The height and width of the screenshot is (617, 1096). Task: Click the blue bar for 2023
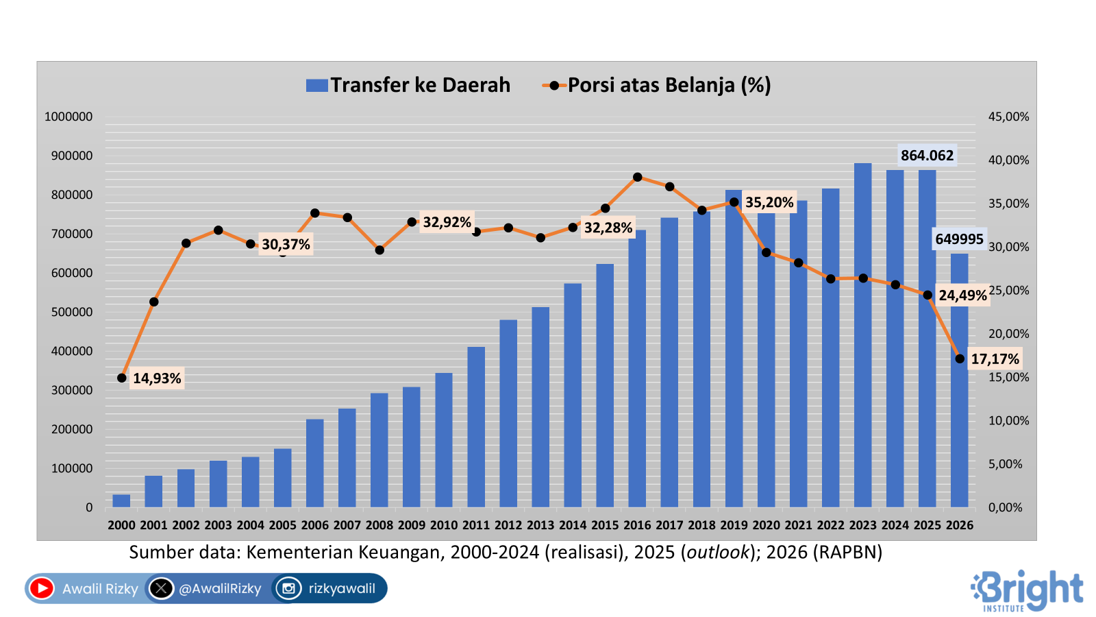[x=862, y=336]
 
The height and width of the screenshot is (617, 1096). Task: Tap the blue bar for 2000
[x=121, y=501]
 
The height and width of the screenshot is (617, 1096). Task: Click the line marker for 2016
[x=638, y=177]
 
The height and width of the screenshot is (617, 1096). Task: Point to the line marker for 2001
[x=153, y=302]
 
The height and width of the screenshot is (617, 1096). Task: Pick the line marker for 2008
[x=379, y=250]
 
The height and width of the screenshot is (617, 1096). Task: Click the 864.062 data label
[x=927, y=156]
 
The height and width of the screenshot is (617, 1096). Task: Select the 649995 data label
[x=959, y=239]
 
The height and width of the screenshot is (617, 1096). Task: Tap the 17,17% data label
[x=995, y=359]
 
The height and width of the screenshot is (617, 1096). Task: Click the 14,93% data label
[x=157, y=378]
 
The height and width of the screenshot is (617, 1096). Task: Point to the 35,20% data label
[x=769, y=202]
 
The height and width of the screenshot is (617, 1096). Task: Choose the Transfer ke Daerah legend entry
[x=408, y=85]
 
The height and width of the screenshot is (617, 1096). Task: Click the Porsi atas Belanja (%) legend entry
[x=657, y=85]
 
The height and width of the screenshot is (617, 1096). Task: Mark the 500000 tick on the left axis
[x=68, y=312]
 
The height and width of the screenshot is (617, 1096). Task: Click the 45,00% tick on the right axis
[x=1008, y=117]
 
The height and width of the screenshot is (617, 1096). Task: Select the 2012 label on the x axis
[x=508, y=525]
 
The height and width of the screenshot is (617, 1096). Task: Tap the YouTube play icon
[x=42, y=588]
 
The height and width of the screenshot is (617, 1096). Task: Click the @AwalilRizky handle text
[x=220, y=589]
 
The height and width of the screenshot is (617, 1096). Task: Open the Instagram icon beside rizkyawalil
[x=288, y=588]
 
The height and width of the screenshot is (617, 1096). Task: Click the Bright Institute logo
[x=1027, y=590]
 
